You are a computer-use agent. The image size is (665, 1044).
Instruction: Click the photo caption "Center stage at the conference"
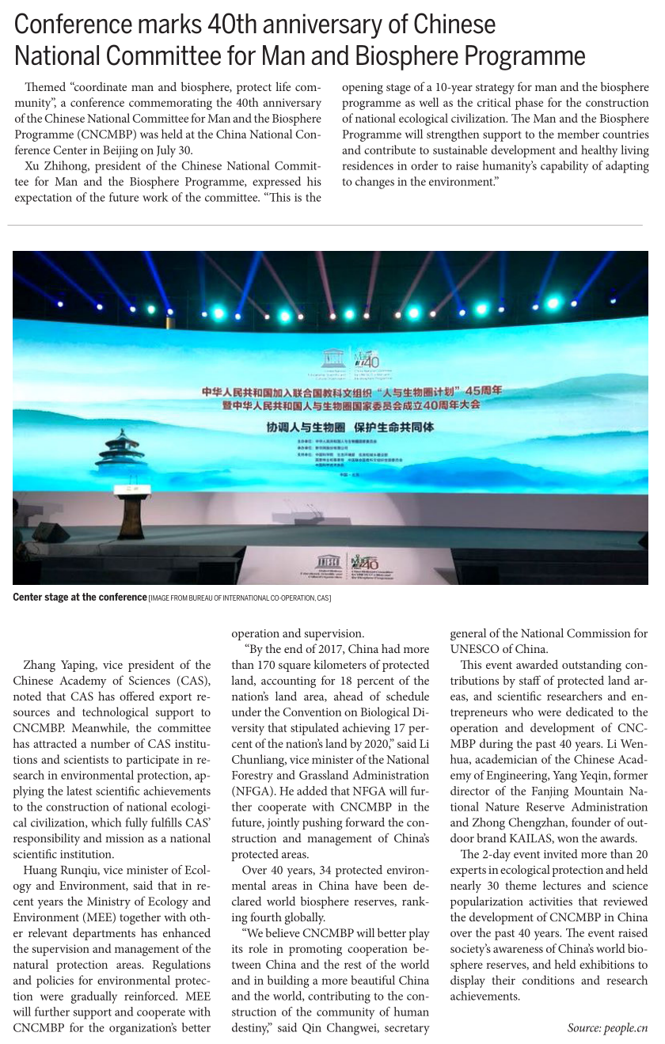point(79,597)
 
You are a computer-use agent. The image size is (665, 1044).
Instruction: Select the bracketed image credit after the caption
point(240,598)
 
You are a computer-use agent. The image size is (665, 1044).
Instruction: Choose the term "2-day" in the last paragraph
point(499,854)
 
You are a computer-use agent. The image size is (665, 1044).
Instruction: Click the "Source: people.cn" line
point(607,1028)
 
